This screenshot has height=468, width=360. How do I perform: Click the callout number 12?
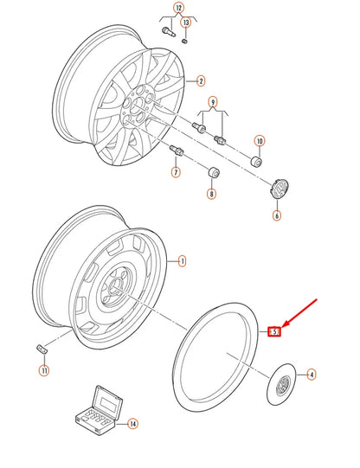click(179, 8)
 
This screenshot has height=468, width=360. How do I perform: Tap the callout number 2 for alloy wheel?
click(201, 82)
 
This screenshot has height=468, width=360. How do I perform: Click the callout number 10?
click(259, 141)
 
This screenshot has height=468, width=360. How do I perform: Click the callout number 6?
click(277, 215)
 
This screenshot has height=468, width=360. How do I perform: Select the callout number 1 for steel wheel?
click(183, 260)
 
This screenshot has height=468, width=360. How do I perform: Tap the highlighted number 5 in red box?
click(273, 330)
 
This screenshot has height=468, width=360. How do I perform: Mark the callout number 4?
click(312, 375)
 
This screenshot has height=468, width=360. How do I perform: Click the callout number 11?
click(44, 371)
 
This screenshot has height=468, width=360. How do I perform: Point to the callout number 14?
click(132, 424)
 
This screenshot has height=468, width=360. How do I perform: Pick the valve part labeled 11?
click(40, 349)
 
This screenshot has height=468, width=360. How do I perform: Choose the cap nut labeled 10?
click(256, 161)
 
